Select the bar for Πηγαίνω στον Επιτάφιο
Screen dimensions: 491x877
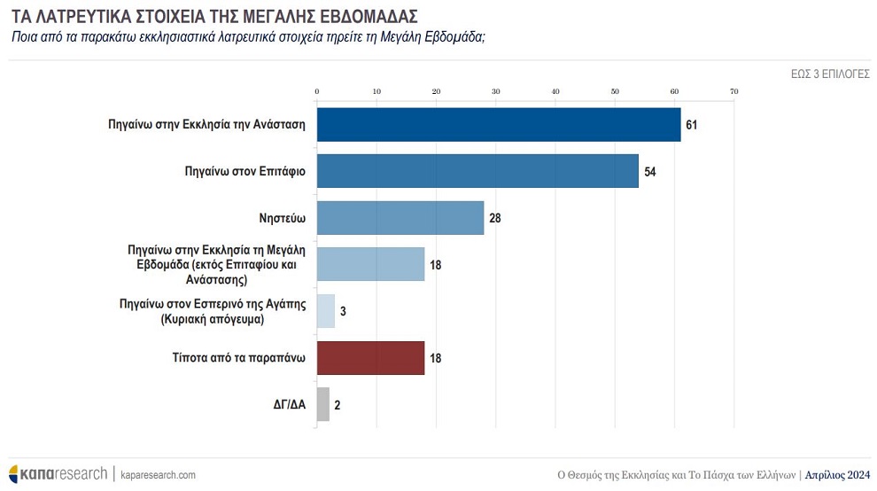point(477,171)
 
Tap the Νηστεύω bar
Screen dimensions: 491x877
point(400,218)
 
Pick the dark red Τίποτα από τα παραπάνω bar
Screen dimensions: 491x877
point(370,358)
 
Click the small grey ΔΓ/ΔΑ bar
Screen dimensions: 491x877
point(323,405)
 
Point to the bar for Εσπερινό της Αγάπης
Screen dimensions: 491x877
point(326,311)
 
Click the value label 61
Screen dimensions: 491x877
point(692,125)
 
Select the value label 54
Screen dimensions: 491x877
point(649,171)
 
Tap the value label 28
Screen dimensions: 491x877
point(495,218)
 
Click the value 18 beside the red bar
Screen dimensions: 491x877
point(435,358)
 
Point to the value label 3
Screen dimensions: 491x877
point(343,311)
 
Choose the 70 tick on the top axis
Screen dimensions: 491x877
point(733,91)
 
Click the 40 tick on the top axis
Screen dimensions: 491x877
point(555,91)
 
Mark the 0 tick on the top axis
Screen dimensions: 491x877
point(316,91)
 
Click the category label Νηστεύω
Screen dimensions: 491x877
point(280,218)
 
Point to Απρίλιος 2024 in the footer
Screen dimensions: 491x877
point(838,475)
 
